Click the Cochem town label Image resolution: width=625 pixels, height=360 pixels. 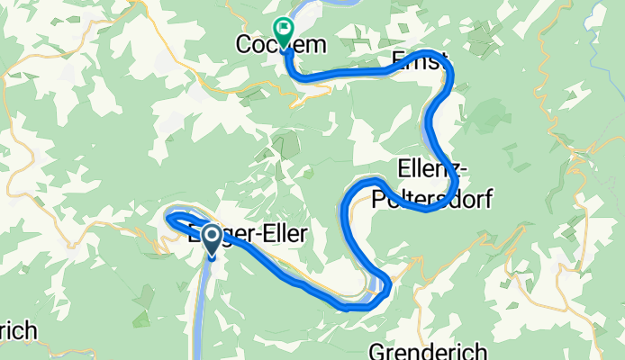[268, 43]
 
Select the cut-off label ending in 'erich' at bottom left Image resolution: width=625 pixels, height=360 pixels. [18, 331]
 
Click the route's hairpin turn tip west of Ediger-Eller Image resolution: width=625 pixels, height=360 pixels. [168, 215]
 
